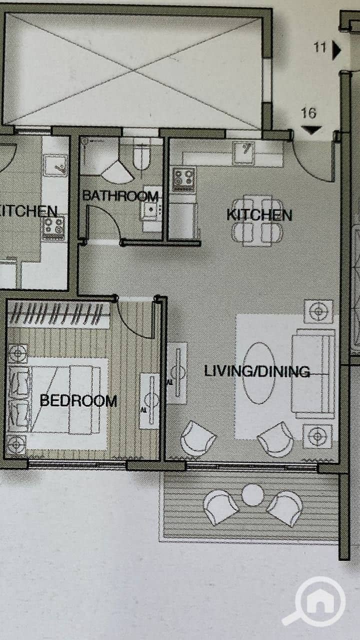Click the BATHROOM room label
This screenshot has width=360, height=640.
click(120, 196)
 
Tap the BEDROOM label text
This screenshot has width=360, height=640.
click(78, 400)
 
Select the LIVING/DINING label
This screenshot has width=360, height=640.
click(257, 371)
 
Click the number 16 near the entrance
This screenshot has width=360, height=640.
click(308, 113)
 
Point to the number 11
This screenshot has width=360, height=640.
click(320, 47)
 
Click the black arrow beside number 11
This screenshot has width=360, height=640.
click(336, 50)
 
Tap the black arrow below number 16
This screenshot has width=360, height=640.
click(311, 130)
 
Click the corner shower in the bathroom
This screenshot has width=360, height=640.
click(118, 172)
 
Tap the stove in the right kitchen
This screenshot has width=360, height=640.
click(183, 180)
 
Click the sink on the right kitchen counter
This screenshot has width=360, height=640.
click(243, 153)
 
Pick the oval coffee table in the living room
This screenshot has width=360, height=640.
click(259, 373)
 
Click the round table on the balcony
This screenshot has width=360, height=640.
click(252, 495)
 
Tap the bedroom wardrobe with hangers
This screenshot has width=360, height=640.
click(58, 314)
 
